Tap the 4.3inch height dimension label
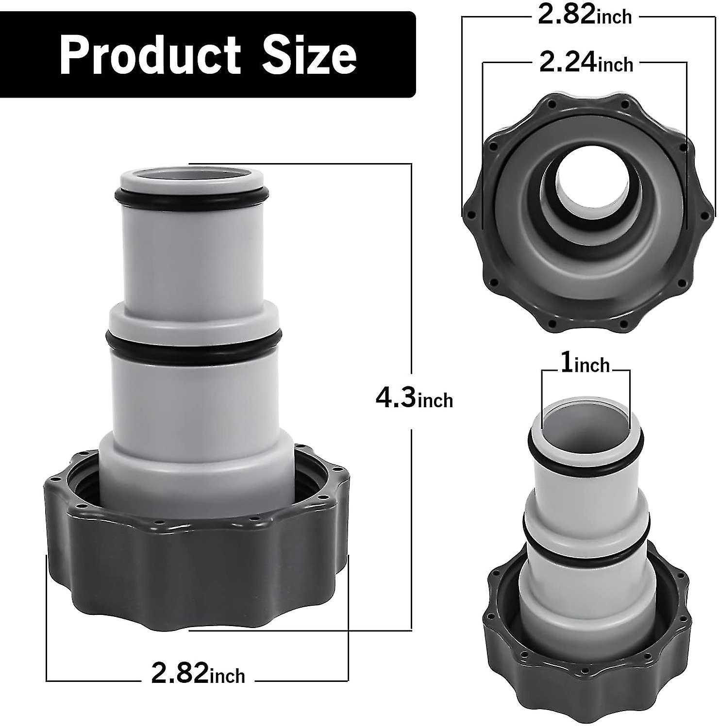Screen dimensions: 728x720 tap(414, 399)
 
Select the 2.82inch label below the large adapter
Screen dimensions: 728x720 tap(198, 675)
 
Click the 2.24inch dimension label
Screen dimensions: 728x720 tap(586, 63)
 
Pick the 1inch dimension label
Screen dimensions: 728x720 tap(585, 364)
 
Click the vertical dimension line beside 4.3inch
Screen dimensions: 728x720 tap(412, 291)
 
